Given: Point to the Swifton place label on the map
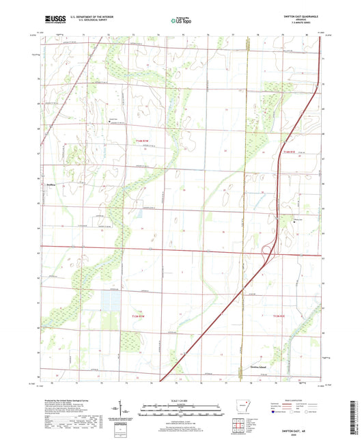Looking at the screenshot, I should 50,184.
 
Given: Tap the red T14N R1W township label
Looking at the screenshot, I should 138,141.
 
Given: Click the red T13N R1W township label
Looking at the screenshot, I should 138,316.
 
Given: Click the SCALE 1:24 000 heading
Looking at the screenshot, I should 181,400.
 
